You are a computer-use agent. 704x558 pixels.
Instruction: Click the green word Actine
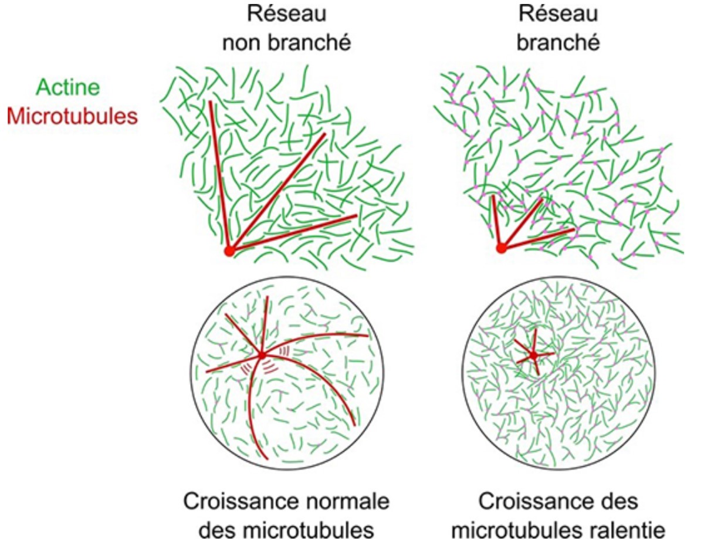[x=68, y=88]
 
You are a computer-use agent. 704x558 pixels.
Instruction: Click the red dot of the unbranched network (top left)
[x=229, y=251]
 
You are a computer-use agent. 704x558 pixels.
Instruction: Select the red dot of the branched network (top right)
[x=501, y=248]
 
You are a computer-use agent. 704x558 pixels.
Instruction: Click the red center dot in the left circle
[x=262, y=355]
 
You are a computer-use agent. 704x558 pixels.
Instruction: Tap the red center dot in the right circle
[x=533, y=355]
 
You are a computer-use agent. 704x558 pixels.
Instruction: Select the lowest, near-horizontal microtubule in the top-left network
[x=293, y=233]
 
